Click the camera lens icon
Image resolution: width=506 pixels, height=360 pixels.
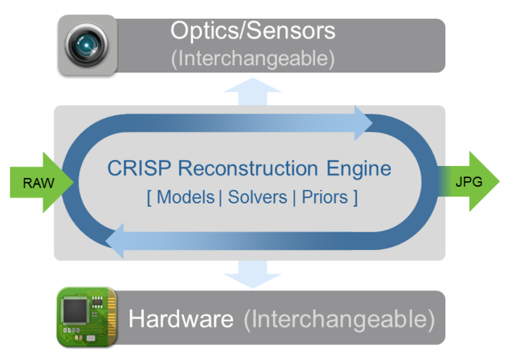click(88, 45)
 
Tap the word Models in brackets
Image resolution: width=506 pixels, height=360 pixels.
click(185, 196)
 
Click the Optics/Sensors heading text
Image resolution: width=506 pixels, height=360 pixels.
click(253, 31)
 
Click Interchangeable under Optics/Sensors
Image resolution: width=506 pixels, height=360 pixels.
click(253, 59)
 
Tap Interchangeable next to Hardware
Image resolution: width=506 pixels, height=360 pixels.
click(339, 318)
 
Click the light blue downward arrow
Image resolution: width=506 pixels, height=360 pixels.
click(253, 273)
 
